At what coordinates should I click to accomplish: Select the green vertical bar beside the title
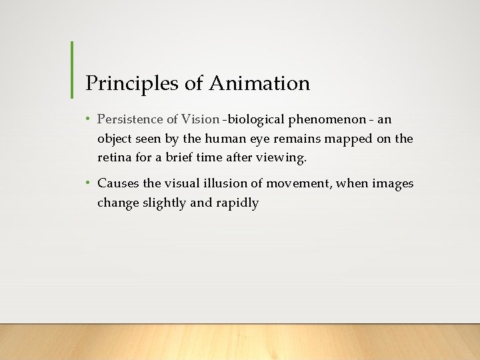pyautogui.click(x=71, y=69)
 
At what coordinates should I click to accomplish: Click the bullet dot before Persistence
pyautogui.click(x=88, y=119)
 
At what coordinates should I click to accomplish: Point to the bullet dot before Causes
pyautogui.click(x=88, y=183)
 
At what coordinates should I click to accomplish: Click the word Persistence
pyautogui.click(x=130, y=119)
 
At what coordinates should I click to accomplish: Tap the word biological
pyautogui.click(x=255, y=120)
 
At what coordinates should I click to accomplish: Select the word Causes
pyautogui.click(x=118, y=183)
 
